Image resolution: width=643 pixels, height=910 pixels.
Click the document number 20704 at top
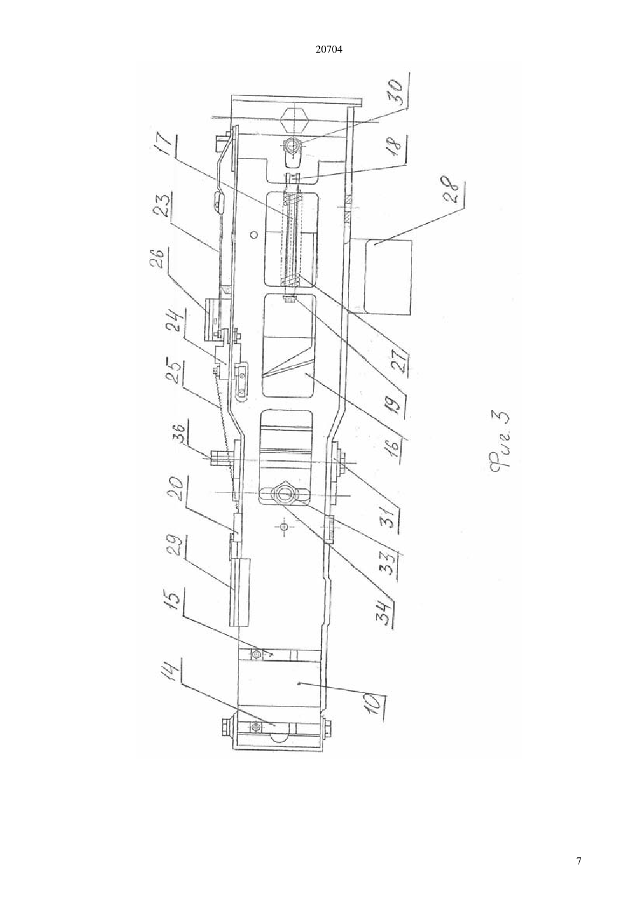tap(329, 50)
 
